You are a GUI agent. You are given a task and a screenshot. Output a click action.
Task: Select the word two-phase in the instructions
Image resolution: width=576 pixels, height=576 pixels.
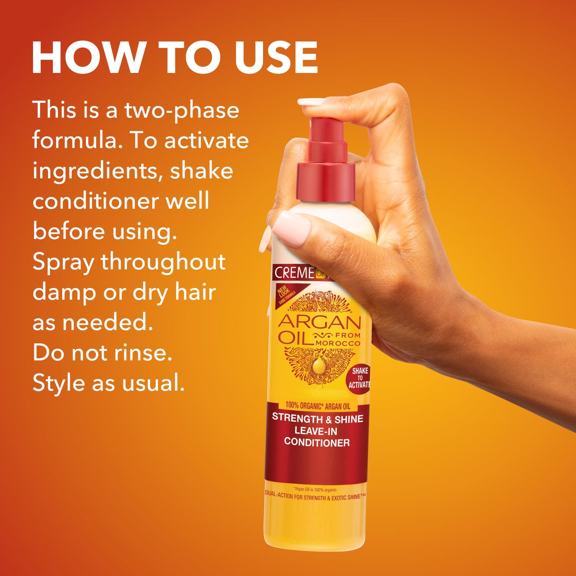[182, 111]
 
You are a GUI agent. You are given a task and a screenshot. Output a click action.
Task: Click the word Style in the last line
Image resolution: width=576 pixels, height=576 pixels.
[58, 383]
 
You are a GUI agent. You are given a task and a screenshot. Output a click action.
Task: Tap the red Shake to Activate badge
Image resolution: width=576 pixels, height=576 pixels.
[359, 378]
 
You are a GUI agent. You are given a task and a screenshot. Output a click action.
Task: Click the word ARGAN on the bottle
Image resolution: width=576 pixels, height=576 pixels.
[319, 321]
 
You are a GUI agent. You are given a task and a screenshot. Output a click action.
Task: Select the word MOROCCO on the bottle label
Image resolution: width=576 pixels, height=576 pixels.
[338, 343]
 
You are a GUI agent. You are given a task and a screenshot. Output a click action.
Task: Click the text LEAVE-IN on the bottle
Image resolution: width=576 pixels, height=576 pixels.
[316, 431]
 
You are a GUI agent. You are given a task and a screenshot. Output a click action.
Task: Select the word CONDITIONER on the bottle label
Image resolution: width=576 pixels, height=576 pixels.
[317, 442]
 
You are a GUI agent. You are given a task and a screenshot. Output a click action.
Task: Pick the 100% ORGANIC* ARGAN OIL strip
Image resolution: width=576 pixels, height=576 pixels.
[318, 406]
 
